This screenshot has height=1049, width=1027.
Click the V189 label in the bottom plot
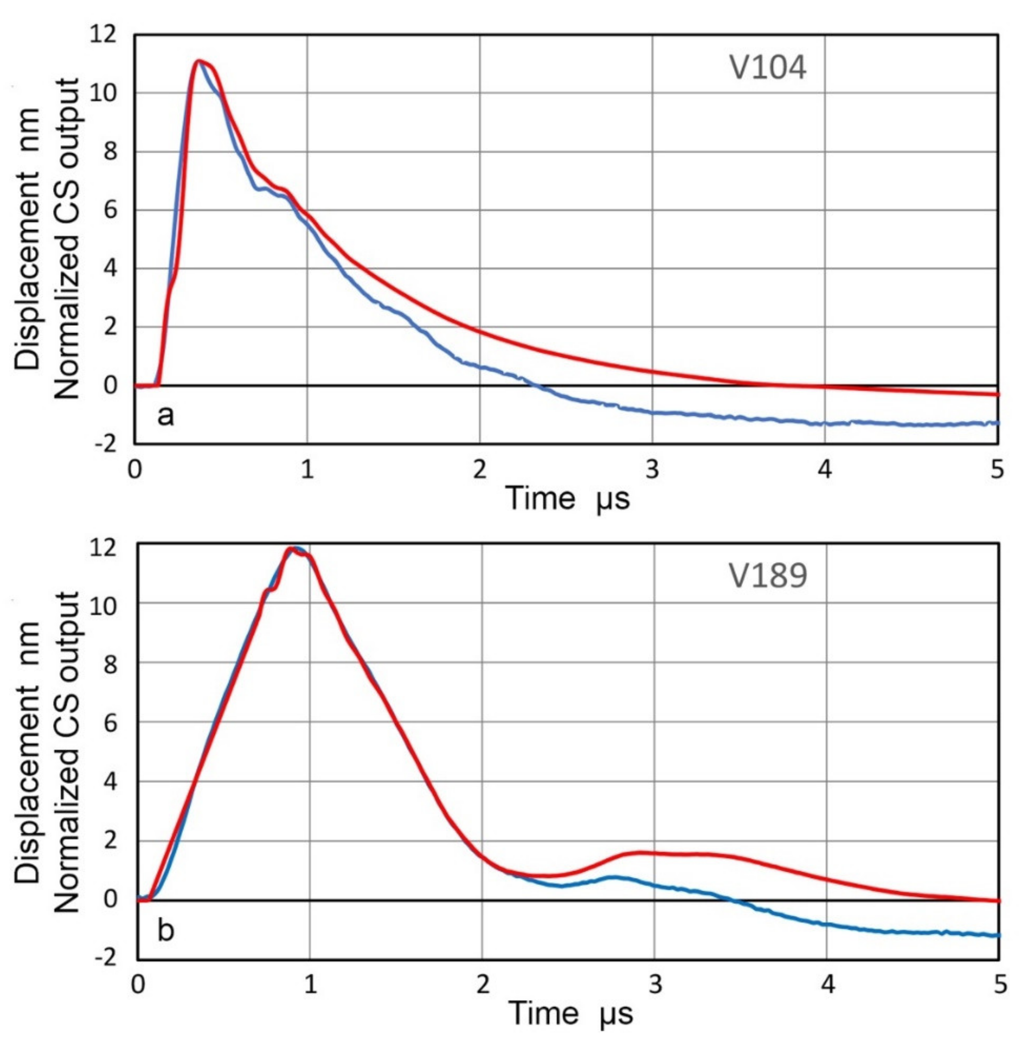point(767,576)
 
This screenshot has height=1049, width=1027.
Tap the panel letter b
point(166,930)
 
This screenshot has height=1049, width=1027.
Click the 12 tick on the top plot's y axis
point(103,35)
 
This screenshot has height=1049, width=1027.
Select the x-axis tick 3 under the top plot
point(652,470)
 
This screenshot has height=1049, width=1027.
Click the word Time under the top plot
point(541,498)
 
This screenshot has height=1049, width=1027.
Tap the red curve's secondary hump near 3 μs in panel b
point(642,853)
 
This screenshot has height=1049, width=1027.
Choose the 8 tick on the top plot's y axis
point(110,152)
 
